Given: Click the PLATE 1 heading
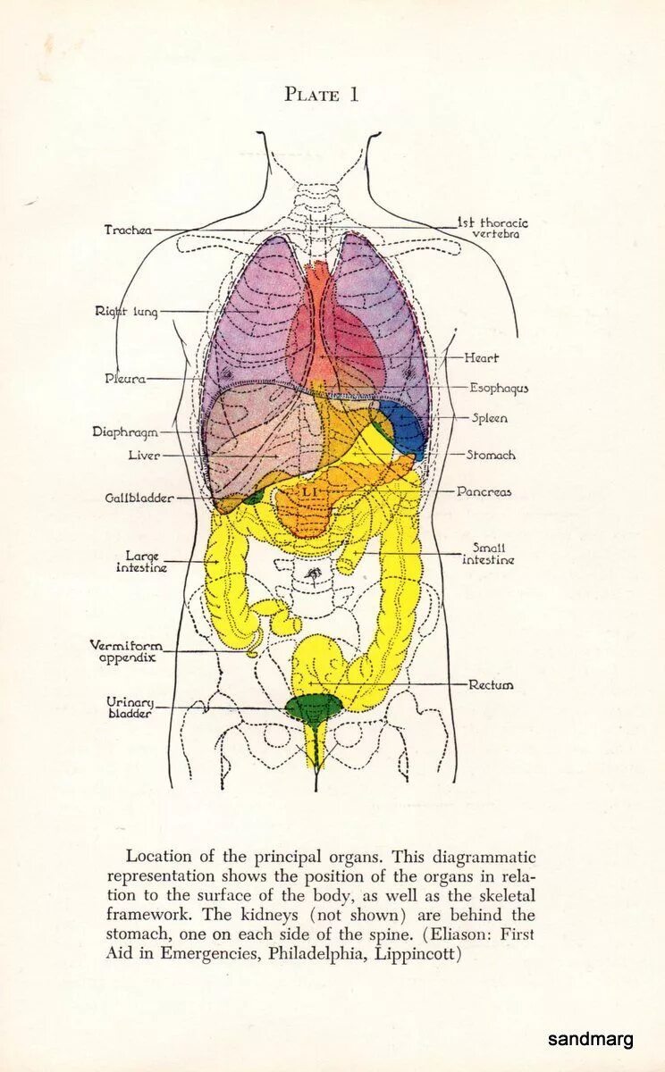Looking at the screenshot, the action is (322, 95).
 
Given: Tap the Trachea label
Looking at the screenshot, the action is (128, 230).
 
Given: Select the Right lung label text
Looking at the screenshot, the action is (126, 312).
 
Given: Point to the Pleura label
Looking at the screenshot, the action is (124, 379).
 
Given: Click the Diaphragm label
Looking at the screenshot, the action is (125, 432).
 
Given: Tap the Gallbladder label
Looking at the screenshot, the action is (138, 498).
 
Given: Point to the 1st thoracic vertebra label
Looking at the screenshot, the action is (492, 228).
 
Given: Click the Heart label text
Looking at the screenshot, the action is (481, 358).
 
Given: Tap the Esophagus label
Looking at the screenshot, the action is (499, 389).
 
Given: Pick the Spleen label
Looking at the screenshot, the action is (489, 418).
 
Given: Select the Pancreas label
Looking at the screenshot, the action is (484, 491).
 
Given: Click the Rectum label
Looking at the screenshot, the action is (491, 685).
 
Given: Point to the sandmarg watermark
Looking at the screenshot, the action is (590, 1039).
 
